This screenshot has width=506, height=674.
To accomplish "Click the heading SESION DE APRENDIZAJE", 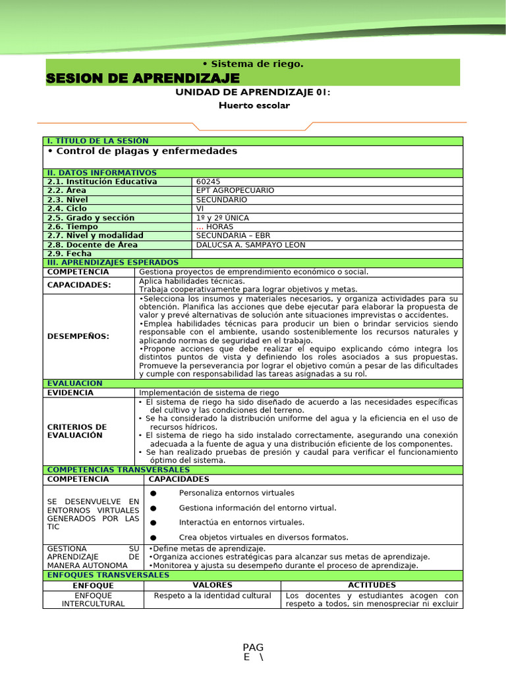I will [x=142, y=79].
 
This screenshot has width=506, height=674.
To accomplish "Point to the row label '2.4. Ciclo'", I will [x=67, y=208].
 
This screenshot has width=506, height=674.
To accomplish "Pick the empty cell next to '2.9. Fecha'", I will [x=327, y=253].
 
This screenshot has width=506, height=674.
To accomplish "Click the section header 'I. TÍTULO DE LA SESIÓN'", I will [x=97, y=141].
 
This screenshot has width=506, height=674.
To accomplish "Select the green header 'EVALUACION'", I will [x=74, y=383].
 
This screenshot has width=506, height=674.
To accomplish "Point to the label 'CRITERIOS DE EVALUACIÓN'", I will [x=77, y=431].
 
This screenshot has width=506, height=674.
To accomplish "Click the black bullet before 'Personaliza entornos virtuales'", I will [x=154, y=494].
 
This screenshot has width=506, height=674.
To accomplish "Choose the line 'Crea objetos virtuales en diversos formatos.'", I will [x=264, y=537].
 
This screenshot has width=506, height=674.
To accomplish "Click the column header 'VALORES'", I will [x=212, y=584].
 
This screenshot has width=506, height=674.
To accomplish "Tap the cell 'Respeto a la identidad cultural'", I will [x=212, y=595].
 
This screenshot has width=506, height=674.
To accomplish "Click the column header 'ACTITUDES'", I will [x=372, y=584].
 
